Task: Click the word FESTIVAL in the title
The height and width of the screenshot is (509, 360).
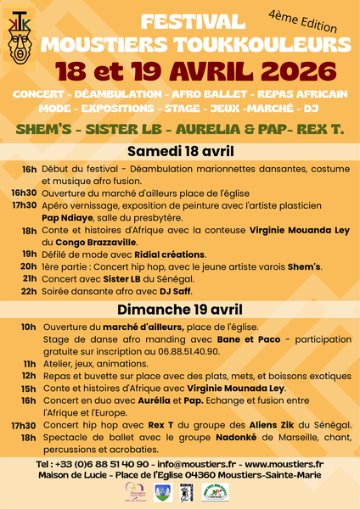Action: [x=189, y=22]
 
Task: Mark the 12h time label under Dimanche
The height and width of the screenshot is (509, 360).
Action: [x=29, y=376]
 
